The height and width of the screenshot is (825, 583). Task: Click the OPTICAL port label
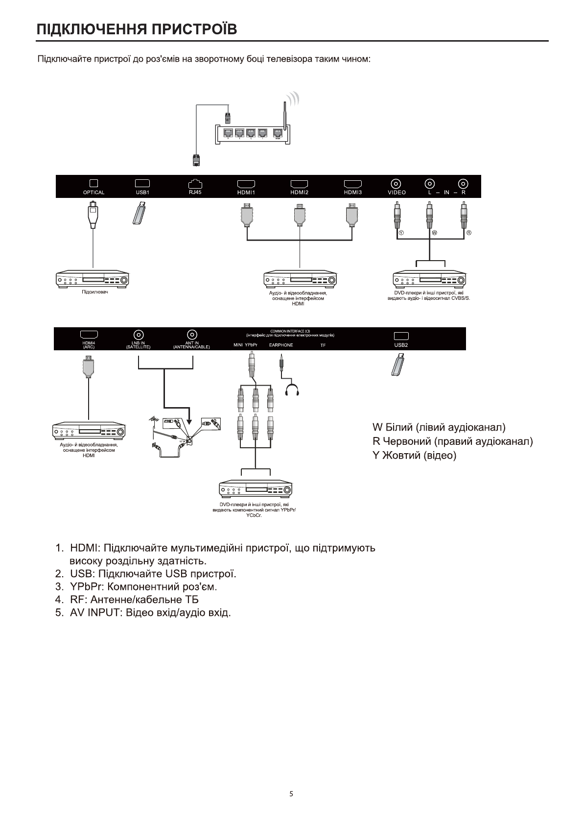click(x=93, y=193)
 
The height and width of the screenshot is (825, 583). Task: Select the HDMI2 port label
click(x=299, y=193)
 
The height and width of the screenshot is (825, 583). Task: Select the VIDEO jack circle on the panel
click(x=396, y=184)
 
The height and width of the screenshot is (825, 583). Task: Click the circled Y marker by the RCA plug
click(x=401, y=232)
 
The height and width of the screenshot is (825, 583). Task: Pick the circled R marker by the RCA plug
click(x=468, y=232)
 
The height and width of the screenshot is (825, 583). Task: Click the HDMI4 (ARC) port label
click(x=89, y=345)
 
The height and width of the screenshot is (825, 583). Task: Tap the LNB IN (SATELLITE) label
click(x=139, y=345)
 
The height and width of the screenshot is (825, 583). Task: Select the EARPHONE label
click(x=281, y=345)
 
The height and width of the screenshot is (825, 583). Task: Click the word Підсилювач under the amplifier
click(x=94, y=292)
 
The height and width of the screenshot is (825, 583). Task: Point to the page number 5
click(x=291, y=794)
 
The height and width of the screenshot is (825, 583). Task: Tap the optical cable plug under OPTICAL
click(x=93, y=216)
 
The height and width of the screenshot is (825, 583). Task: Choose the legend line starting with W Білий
click(x=439, y=427)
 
